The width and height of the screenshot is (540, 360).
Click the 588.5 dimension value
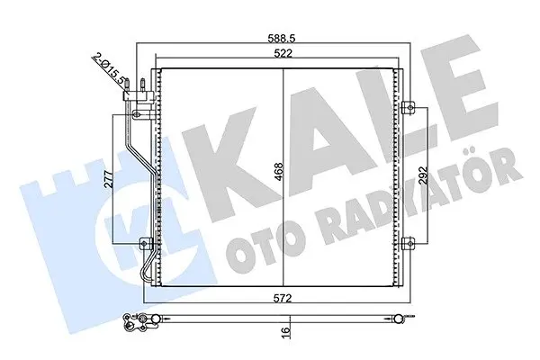pyautogui.click(x=282, y=38)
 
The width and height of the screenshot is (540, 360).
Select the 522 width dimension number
pyautogui.click(x=283, y=53)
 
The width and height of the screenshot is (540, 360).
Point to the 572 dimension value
pyautogui.click(x=283, y=298)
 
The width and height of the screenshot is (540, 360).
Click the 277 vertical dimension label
pyautogui.click(x=109, y=179)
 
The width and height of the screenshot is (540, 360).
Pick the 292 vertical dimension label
pyautogui.click(x=423, y=176)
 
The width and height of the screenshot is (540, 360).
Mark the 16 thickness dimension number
pyautogui.click(x=286, y=331)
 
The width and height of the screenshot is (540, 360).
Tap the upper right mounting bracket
pyautogui.click(x=409, y=107)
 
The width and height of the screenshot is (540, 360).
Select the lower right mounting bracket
pyautogui.click(x=409, y=244)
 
